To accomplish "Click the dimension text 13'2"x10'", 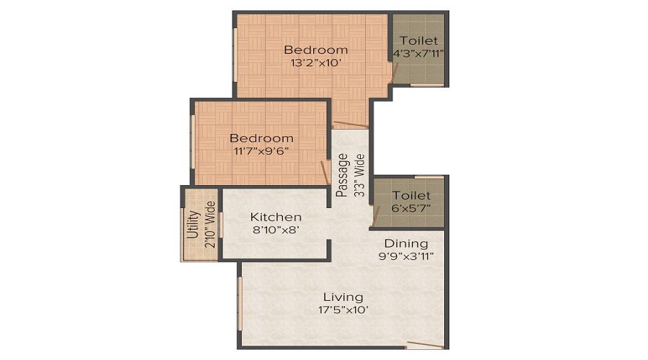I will pyautogui.click(x=315, y=63).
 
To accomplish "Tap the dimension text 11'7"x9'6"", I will pyautogui.click(x=261, y=151).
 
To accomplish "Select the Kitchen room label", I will pyautogui.click(x=276, y=217).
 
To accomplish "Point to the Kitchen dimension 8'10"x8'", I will pyautogui.click(x=276, y=230).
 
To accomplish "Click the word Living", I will pyautogui.click(x=343, y=297).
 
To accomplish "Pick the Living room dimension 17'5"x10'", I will pyautogui.click(x=343, y=310).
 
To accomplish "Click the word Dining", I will pyautogui.click(x=405, y=243).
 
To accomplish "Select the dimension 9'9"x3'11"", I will pyautogui.click(x=405, y=256).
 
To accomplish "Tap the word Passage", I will pyautogui.click(x=343, y=175).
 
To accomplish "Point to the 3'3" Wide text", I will pyautogui.click(x=360, y=175).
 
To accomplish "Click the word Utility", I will pyautogui.click(x=192, y=225).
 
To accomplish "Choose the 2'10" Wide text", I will pyautogui.click(x=210, y=225).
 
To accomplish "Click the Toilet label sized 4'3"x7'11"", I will pyautogui.click(x=418, y=41).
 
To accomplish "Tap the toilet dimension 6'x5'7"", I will pyautogui.click(x=412, y=208).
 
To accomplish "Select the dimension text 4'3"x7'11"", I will pyautogui.click(x=418, y=54).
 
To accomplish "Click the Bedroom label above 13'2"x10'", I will pyautogui.click(x=315, y=50).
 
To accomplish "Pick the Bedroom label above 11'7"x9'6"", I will pyautogui.click(x=261, y=138).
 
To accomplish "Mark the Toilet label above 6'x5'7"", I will pyautogui.click(x=412, y=195).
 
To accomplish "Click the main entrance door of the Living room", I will pyautogui.click(x=425, y=344).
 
